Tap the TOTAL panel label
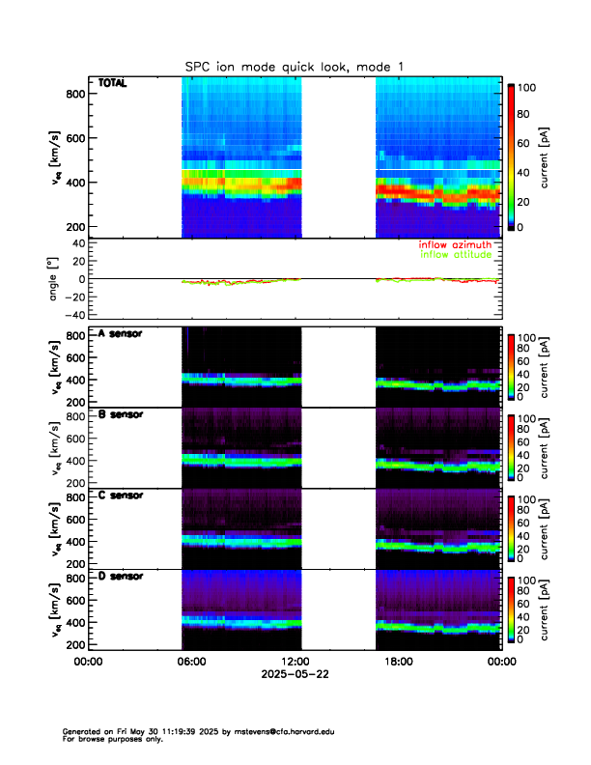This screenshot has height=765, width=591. [x=113, y=84]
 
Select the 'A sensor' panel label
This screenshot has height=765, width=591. [x=120, y=334]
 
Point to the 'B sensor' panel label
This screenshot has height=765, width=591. [x=120, y=415]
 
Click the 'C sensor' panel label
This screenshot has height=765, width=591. [x=120, y=496]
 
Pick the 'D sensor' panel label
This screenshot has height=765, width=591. [x=120, y=577]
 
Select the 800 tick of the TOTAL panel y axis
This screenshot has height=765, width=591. [x=74, y=94]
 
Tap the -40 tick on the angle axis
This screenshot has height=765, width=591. [x=71, y=315]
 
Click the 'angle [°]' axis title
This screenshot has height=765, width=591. [x=56, y=278]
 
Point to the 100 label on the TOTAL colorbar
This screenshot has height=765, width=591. [x=527, y=88]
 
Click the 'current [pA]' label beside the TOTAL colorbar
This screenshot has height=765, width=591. [x=546, y=158]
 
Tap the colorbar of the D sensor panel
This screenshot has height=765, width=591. [x=511, y=609]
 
